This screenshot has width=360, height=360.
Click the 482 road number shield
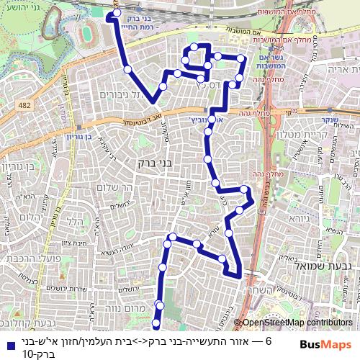point(26,106)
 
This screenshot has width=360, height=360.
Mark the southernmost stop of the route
point(157,325)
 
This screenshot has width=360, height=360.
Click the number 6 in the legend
point(268,342)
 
